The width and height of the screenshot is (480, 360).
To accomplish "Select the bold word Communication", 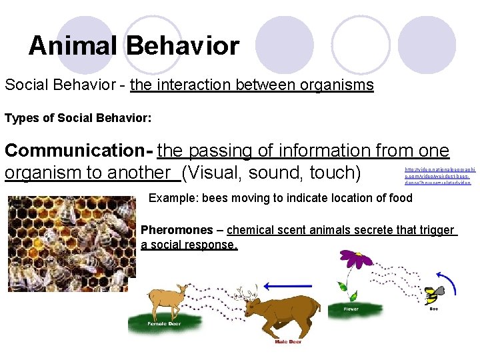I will (76, 151).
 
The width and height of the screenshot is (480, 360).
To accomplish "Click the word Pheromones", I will (177, 230).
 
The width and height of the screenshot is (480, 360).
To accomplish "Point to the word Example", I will (171, 198).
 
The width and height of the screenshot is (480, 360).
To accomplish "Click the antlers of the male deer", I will (249, 292).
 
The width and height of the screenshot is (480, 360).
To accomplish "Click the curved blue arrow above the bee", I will (447, 279).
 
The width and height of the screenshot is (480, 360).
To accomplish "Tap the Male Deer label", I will (288, 342).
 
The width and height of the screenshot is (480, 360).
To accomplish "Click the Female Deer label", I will (162, 324).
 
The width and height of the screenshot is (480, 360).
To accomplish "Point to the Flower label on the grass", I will (351, 309).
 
